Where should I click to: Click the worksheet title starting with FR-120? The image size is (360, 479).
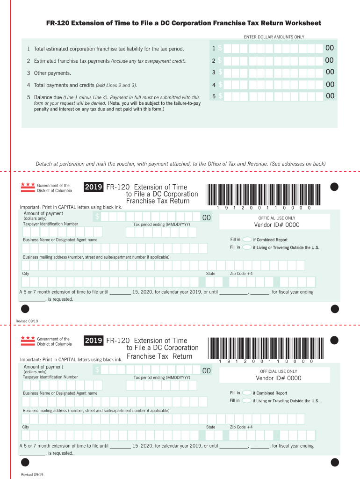pyautogui.click(x=184, y=23)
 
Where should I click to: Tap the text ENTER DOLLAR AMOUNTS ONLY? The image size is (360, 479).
pyautogui.click(x=274, y=37)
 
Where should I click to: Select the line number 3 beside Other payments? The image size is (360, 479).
pyautogui.click(x=29, y=73)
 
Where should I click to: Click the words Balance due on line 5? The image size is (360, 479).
pyautogui.click(x=48, y=97)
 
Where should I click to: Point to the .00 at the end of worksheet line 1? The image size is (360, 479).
pyautogui.click(x=329, y=48)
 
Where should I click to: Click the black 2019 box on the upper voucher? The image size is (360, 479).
pyautogui.click(x=94, y=187)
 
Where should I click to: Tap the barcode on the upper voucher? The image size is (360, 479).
pyautogui.click(x=264, y=195)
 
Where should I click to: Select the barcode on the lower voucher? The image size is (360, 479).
pyautogui.click(x=266, y=348)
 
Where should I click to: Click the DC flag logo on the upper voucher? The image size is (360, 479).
pyautogui.click(x=28, y=188)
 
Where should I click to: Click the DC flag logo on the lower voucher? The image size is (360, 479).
pyautogui.click(x=28, y=341)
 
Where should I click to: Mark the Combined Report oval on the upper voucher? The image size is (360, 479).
pyautogui.click(x=247, y=239)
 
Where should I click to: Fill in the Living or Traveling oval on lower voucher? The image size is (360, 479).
pyautogui.click(x=247, y=400)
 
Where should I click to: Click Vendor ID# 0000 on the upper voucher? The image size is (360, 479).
pyautogui.click(x=277, y=225)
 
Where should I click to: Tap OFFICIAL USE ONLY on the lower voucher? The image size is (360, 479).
pyautogui.click(x=279, y=371)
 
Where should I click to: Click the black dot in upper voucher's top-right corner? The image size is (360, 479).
pyautogui.click(x=334, y=187)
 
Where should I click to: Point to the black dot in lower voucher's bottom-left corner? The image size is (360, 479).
pyautogui.click(x=25, y=462)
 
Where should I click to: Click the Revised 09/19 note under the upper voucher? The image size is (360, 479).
pyautogui.click(x=27, y=321)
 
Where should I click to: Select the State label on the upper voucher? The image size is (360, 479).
pyautogui.click(x=211, y=274)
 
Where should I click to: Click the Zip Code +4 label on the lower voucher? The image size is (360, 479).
pyautogui.click(x=241, y=427)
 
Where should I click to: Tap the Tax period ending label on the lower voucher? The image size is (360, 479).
pyautogui.click(x=162, y=377)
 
